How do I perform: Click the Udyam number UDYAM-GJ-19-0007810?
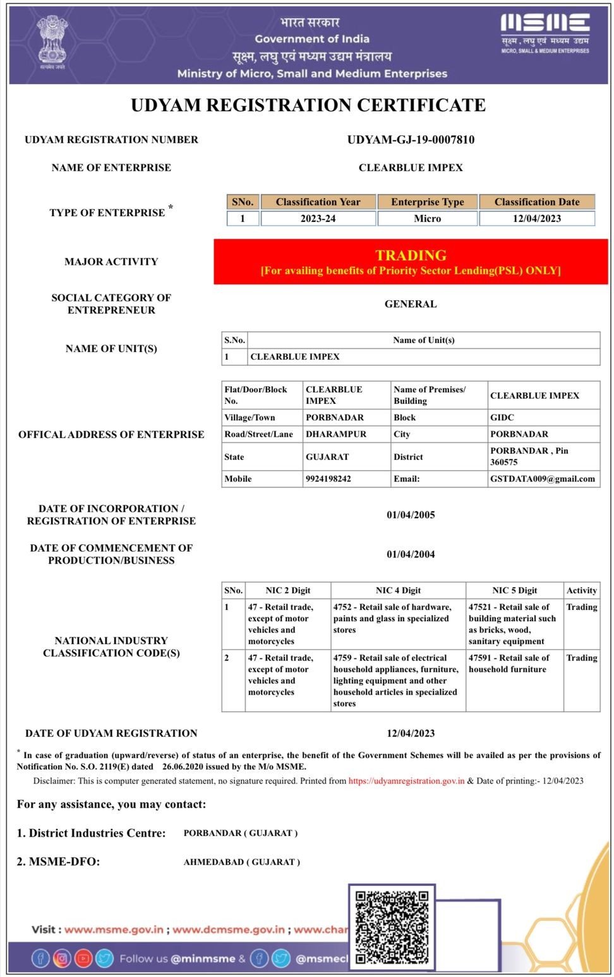click(x=411, y=140)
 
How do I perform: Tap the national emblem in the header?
click(x=51, y=42)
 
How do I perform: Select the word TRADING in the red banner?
click(x=411, y=255)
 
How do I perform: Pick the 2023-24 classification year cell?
click(x=318, y=219)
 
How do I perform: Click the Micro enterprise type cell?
click(x=427, y=219)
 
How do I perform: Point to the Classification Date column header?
click(x=536, y=202)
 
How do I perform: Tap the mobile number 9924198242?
click(x=328, y=479)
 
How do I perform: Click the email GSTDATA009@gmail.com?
click(x=542, y=479)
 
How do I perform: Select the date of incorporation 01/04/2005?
click(x=411, y=515)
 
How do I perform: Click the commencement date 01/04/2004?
click(x=411, y=554)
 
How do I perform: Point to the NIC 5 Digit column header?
click(x=514, y=590)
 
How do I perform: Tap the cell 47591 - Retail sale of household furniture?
click(x=509, y=664)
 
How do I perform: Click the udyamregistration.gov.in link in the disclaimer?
click(x=406, y=781)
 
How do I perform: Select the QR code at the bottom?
click(x=392, y=926)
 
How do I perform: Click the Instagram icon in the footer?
click(x=62, y=959)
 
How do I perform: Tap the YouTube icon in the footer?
click(x=83, y=959)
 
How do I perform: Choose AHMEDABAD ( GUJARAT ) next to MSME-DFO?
click(x=241, y=862)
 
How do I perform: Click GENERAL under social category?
click(x=411, y=304)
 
